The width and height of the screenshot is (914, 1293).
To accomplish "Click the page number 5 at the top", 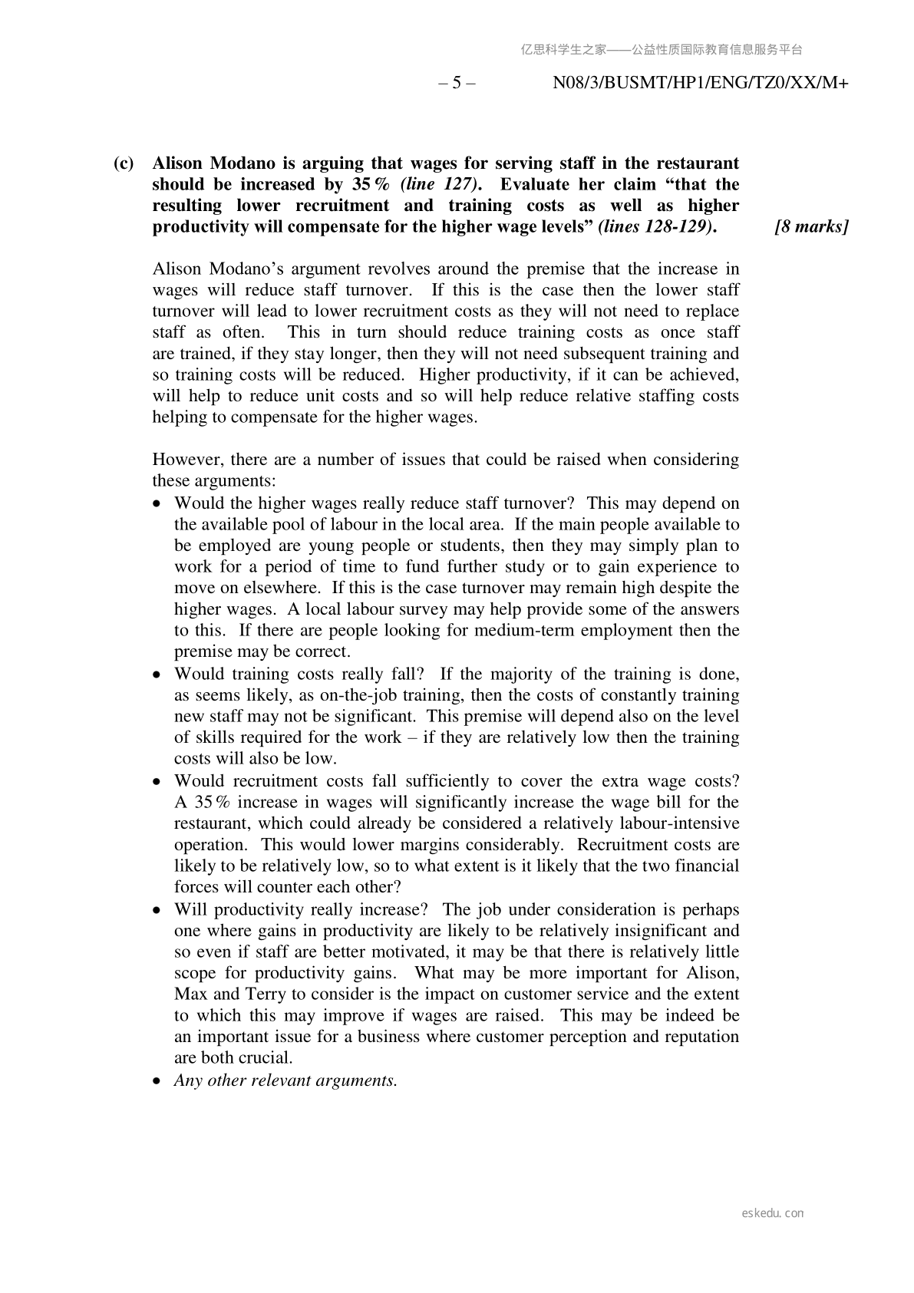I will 457,83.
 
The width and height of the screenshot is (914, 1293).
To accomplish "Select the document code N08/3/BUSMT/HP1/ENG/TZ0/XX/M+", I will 700,83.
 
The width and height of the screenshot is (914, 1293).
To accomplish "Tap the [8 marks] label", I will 811,227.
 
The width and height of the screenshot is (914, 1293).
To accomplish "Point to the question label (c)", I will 124,163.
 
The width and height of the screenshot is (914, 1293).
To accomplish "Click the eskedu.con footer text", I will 773,1213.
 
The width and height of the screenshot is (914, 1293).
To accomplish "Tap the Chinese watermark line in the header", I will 662,50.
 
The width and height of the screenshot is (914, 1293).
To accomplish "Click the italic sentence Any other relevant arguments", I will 286,1080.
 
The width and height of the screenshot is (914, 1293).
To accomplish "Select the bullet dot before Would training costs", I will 157,675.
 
